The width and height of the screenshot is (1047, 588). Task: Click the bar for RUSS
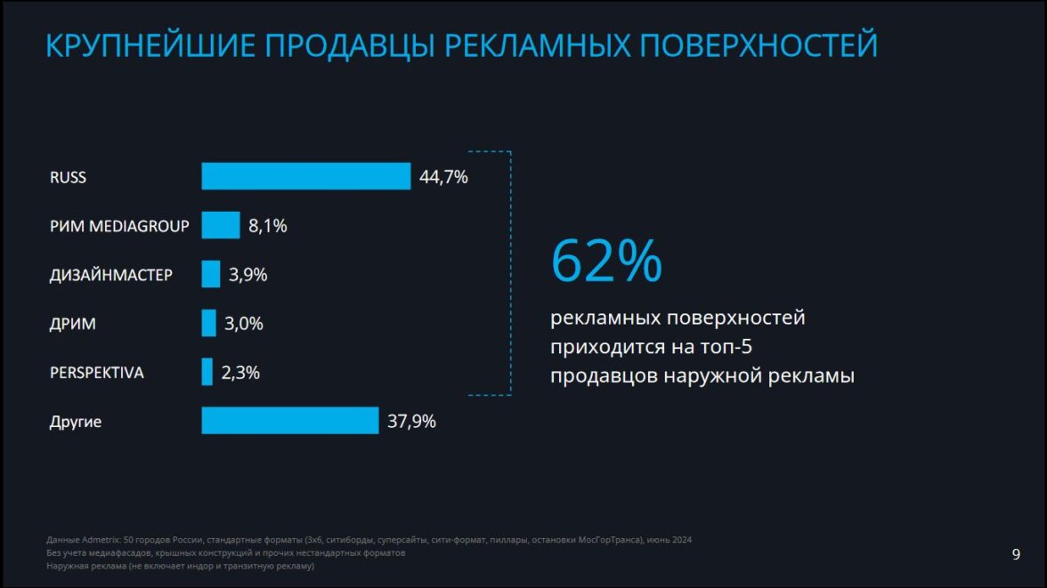pyautogui.click(x=305, y=176)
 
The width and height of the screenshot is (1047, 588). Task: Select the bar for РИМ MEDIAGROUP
pyautogui.click(x=221, y=225)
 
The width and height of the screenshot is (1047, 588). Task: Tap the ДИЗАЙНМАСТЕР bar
pyautogui.click(x=211, y=274)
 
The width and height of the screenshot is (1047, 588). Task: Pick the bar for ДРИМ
pyautogui.click(x=209, y=323)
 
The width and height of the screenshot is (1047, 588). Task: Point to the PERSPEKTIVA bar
pyautogui.click(x=207, y=372)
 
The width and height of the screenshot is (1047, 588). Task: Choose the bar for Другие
pyautogui.click(x=290, y=421)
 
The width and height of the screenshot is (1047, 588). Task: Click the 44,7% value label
pyautogui.click(x=443, y=177)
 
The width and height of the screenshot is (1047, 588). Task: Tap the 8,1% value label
pyautogui.click(x=267, y=226)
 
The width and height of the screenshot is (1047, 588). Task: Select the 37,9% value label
pyautogui.click(x=411, y=422)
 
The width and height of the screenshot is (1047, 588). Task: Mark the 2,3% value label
pyautogui.click(x=240, y=373)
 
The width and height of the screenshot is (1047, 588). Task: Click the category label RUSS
pyautogui.click(x=68, y=177)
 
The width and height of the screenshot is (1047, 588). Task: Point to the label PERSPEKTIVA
pyautogui.click(x=96, y=373)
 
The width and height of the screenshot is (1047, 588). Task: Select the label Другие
pyautogui.click(x=76, y=422)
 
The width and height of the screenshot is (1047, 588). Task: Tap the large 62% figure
pyautogui.click(x=606, y=260)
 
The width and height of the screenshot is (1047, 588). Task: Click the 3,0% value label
pyautogui.click(x=244, y=324)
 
